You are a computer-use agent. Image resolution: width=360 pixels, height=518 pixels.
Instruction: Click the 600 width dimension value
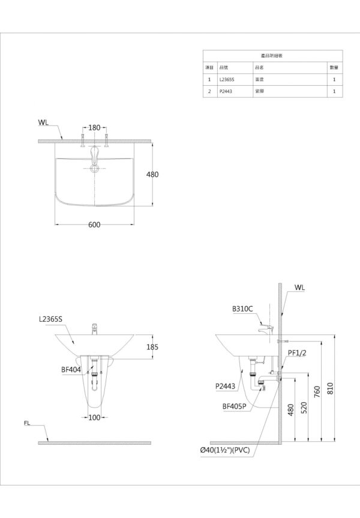(94, 224)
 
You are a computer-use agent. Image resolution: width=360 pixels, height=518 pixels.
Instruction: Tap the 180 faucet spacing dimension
(94, 127)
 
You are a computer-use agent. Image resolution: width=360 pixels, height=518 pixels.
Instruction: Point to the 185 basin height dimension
(153, 346)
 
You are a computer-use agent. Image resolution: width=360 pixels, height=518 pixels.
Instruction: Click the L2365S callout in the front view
(50, 321)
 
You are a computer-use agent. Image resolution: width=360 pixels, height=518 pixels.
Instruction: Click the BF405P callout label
(233, 406)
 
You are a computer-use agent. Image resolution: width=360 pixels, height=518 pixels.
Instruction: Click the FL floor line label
(28, 423)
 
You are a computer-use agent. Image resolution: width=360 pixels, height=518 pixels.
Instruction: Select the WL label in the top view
(43, 122)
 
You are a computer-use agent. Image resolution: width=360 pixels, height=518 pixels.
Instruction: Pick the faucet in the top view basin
(94, 159)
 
